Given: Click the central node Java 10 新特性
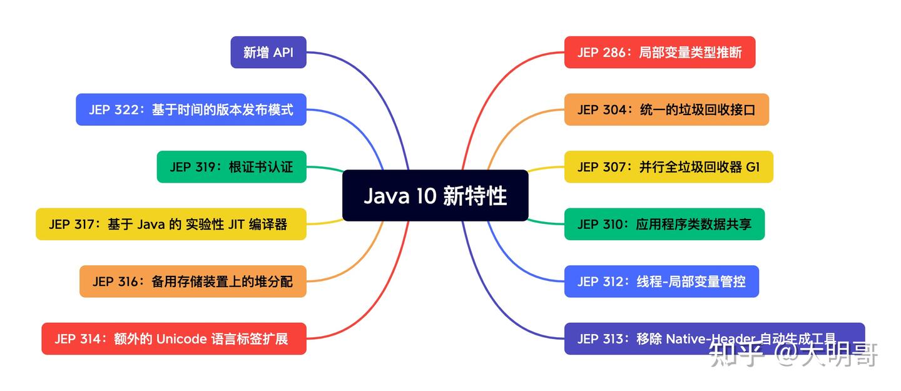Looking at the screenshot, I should point(435,196).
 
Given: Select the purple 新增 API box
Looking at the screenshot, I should point(268,53).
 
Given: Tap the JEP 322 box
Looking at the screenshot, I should point(191,109).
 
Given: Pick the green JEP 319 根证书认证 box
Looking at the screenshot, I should point(231,167).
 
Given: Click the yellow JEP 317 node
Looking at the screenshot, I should point(171,224).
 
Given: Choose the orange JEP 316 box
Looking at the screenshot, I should point(193,282).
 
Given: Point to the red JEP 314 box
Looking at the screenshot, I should point(174,338).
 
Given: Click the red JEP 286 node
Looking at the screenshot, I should point(659,53).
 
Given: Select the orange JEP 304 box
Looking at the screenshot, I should point(666,109).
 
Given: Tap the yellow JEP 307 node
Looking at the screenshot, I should point(668,167).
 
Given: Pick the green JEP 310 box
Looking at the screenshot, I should point(664,224).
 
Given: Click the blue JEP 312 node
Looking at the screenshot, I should point(661,282).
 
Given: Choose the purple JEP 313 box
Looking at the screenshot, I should point(714,338).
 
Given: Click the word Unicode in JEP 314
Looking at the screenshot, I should point(181,339).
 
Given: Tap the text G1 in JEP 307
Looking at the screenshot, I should point(753,167).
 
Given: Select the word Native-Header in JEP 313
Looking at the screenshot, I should point(710,339).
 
